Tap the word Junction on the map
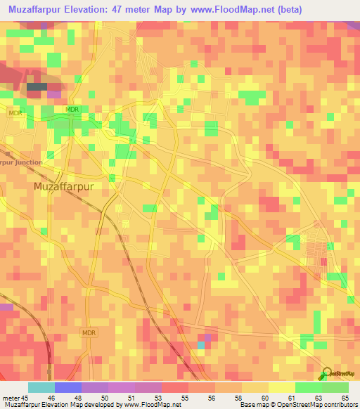29,162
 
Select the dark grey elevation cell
37,86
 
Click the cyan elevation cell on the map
202,344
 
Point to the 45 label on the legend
27,398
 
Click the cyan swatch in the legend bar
41,387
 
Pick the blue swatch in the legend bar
67,387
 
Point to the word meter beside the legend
11,398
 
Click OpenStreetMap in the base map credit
297,405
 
